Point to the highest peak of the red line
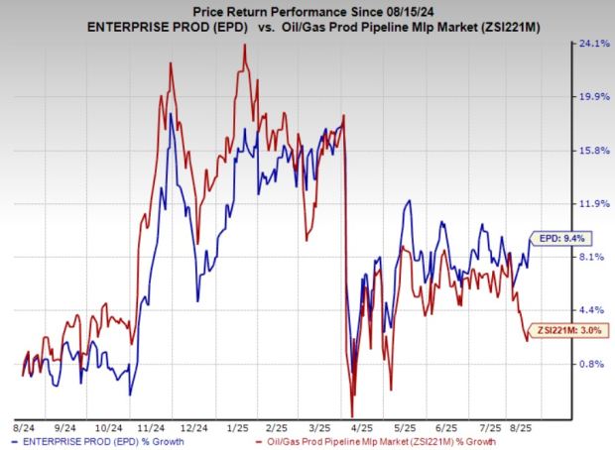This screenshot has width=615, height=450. coord(243,45)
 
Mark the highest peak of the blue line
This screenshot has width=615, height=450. coord(171,115)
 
